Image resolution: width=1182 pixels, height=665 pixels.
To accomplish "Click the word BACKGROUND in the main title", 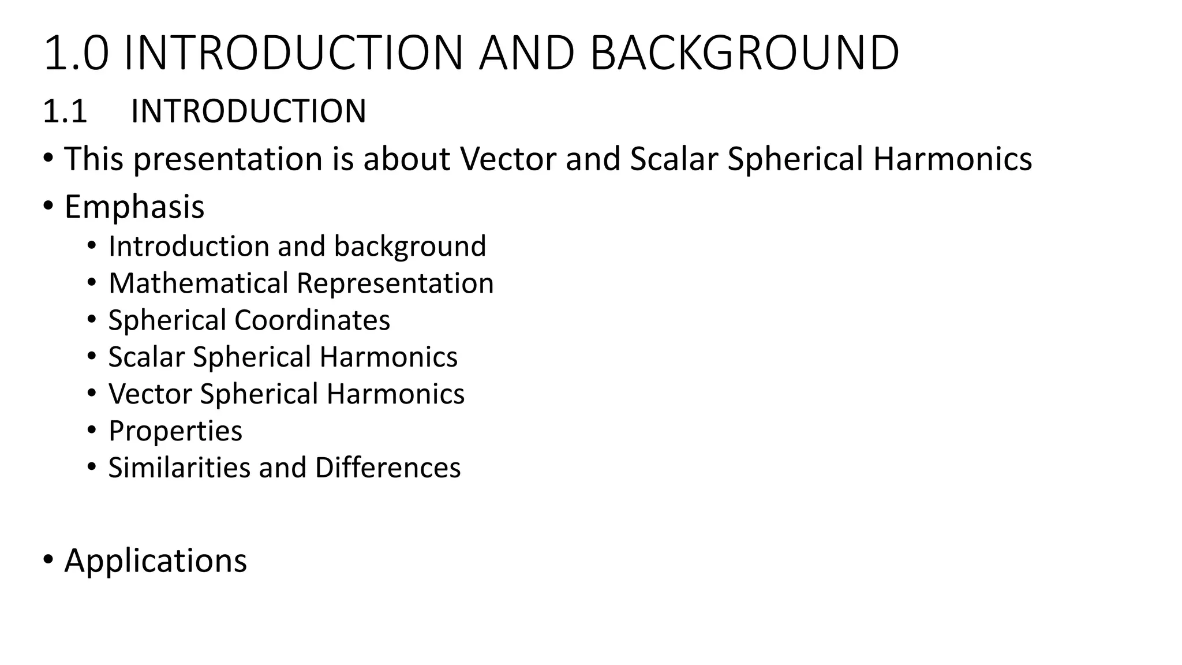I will (744, 53).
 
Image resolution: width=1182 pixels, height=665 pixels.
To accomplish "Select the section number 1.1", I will (65, 111).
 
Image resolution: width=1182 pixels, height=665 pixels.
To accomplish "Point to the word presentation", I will (228, 159).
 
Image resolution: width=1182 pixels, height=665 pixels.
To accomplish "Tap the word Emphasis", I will (134, 207).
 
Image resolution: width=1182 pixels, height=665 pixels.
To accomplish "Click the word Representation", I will (395, 283).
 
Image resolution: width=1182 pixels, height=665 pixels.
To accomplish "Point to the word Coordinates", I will (312, 320).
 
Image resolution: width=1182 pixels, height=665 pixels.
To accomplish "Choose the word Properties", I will (175, 431).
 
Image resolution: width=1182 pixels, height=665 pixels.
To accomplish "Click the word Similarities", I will (178, 468).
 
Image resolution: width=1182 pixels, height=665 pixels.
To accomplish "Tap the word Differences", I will (388, 468).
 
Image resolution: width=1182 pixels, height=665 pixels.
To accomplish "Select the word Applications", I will (155, 561).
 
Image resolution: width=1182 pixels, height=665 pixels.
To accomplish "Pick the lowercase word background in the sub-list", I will (410, 246).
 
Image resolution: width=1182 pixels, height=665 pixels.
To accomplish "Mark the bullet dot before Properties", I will (91, 429).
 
